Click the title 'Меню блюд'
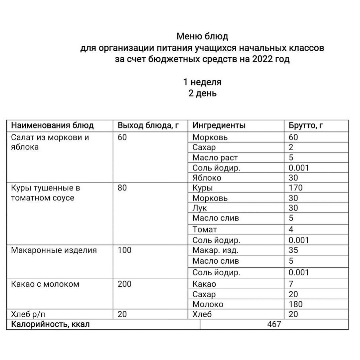(x=202, y=36)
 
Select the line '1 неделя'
(x=202, y=82)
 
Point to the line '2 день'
(x=202, y=93)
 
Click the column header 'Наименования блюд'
(x=52, y=125)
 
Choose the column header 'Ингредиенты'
(x=219, y=125)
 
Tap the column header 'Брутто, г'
(x=306, y=125)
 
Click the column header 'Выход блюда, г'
(x=148, y=125)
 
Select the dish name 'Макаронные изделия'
(x=54, y=250)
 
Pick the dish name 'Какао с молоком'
(x=45, y=284)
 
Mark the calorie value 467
(x=274, y=324)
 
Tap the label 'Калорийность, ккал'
(x=51, y=324)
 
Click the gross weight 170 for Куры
(x=296, y=188)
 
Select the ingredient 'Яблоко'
(x=207, y=178)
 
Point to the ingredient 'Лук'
(x=200, y=208)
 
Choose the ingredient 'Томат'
(x=205, y=230)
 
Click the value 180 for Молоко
(x=296, y=304)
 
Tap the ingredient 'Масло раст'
(x=215, y=157)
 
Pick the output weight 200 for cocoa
(x=124, y=284)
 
